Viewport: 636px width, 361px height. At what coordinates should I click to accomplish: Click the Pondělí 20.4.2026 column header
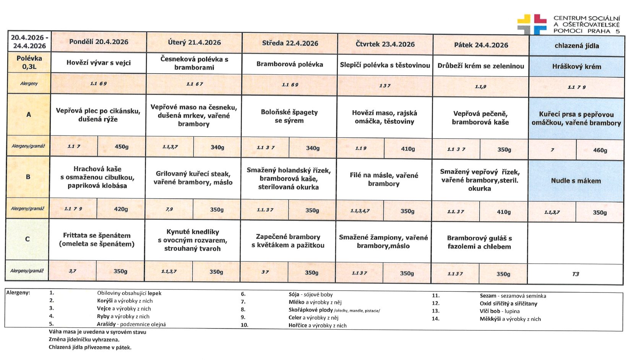(99, 42)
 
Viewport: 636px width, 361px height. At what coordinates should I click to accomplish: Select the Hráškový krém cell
(576, 67)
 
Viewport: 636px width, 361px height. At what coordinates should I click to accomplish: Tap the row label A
(29, 114)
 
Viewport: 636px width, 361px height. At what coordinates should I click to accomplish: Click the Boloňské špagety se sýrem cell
(289, 116)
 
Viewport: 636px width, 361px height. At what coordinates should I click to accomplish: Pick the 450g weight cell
(122, 147)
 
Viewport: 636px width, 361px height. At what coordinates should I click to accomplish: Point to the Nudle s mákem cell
(576, 181)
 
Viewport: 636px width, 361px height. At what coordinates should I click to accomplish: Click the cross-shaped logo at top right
(532, 24)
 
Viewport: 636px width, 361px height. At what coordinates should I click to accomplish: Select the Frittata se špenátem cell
(97, 240)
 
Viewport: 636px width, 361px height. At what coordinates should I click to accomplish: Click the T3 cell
(575, 274)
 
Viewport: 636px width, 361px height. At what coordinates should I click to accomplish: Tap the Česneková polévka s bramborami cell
(194, 64)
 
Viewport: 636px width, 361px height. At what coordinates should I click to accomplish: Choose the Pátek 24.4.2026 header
(481, 45)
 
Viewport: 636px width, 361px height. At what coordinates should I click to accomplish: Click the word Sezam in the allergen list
(488, 296)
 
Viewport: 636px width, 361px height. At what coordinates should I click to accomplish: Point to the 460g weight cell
(600, 150)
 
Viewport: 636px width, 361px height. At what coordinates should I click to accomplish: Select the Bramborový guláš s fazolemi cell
(479, 242)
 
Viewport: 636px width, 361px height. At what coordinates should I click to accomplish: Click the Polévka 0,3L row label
(29, 62)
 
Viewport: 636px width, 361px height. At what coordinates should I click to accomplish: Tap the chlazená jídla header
(576, 46)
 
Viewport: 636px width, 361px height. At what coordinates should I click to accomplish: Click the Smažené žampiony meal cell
(383, 242)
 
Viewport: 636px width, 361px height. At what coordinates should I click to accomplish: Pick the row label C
(27, 239)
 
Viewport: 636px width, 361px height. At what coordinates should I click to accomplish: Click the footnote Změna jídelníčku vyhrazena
(84, 340)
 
